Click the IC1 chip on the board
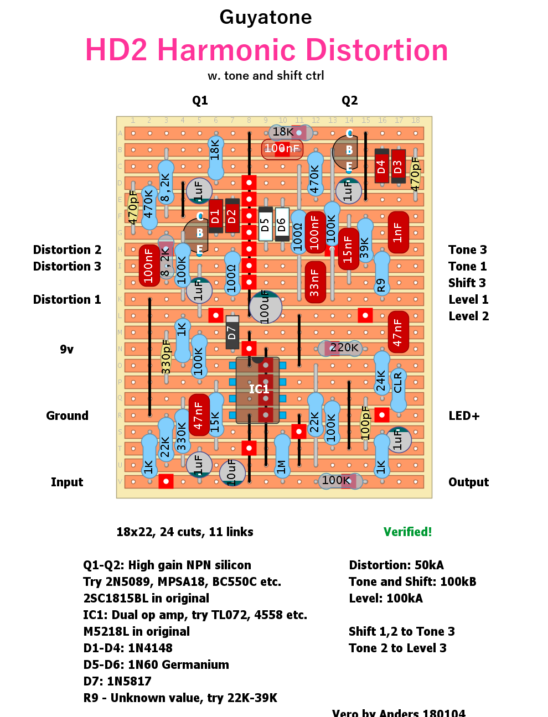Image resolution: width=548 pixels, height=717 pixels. point(257,389)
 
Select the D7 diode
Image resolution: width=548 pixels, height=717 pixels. point(232,332)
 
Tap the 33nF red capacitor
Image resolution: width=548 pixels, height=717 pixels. point(315,282)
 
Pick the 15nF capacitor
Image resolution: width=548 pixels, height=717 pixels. point(348,249)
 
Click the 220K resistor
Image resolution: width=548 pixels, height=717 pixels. point(340,348)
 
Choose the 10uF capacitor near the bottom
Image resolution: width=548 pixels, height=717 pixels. point(231,472)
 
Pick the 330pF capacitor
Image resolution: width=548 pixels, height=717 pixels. point(166,357)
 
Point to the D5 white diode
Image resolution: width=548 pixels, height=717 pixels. point(265,224)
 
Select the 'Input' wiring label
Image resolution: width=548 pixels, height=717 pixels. point(67,482)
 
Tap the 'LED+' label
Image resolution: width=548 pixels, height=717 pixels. point(464,415)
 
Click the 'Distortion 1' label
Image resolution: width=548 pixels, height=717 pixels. point(67,299)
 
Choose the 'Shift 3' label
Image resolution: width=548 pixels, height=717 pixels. point(467,283)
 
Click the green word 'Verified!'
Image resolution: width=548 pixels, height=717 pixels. point(407,532)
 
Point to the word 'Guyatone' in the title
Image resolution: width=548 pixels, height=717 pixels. point(266,17)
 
